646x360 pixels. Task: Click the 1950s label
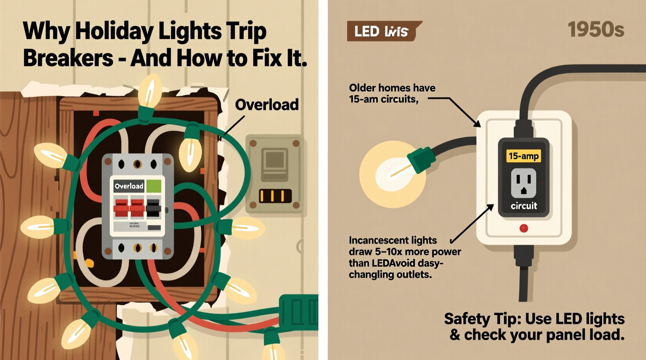point(596,29)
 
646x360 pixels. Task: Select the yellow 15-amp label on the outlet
point(523,156)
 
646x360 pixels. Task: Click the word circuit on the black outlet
point(524,206)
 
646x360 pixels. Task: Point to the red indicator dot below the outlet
point(524,228)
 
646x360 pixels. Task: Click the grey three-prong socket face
point(523,183)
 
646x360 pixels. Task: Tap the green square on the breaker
point(154,186)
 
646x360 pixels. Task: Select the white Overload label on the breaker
point(129,186)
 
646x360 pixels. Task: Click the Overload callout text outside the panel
point(267,105)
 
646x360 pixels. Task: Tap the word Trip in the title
point(247,31)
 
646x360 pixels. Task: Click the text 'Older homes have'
point(392,88)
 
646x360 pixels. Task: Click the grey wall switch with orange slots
point(275,174)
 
